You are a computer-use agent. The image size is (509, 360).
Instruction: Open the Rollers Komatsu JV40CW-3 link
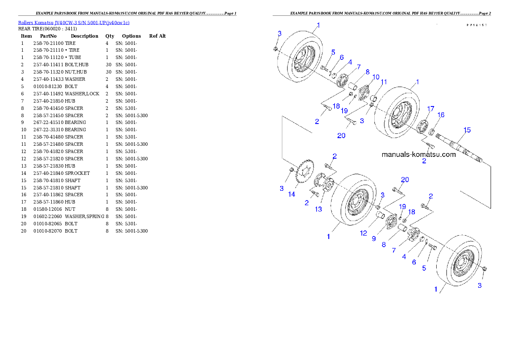(x=73, y=22)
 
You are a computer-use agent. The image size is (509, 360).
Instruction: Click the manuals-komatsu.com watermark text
(x=418, y=154)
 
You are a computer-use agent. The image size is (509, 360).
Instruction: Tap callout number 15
(x=467, y=130)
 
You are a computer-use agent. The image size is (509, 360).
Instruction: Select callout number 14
(x=291, y=194)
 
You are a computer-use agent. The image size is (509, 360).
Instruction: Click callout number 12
(x=364, y=233)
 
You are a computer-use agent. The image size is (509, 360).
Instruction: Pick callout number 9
(x=374, y=239)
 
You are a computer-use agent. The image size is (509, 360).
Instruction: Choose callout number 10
(x=376, y=77)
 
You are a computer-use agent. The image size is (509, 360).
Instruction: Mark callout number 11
(x=384, y=82)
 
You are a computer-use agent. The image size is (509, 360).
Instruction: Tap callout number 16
(x=441, y=115)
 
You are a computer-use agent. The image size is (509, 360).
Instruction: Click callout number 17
(x=430, y=109)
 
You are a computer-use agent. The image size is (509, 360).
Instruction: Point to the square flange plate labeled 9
(x=391, y=223)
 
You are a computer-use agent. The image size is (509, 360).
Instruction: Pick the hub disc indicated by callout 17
(x=422, y=127)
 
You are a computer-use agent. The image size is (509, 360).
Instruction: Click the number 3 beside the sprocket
(x=282, y=188)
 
